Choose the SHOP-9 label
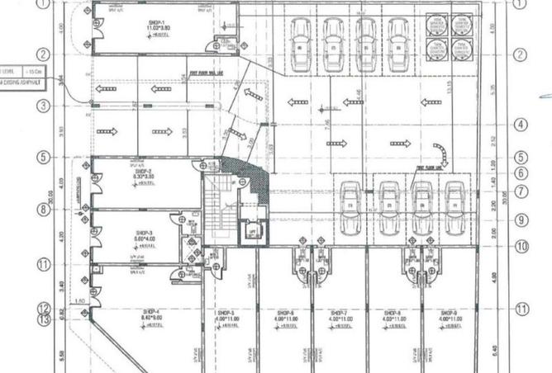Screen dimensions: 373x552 448,314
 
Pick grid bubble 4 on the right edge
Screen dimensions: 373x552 521,125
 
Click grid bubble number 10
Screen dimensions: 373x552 521,246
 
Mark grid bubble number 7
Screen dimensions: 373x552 521,191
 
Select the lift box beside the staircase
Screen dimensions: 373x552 250,232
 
